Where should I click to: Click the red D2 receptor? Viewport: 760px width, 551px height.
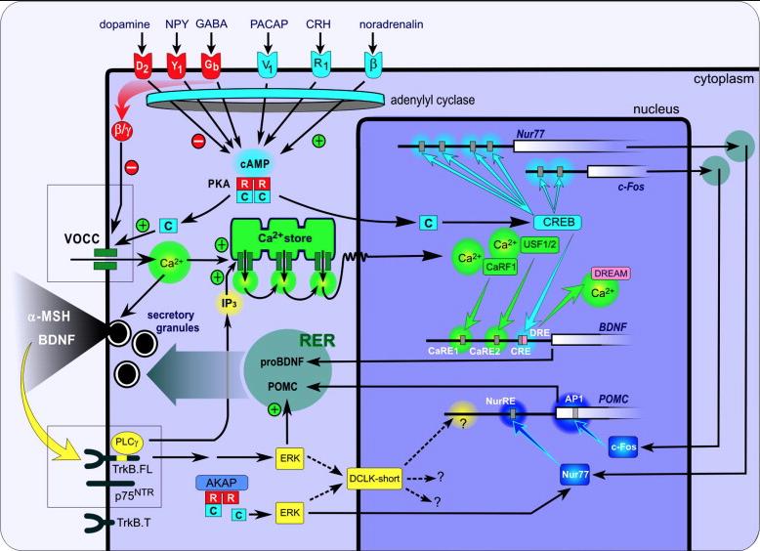point(144,67)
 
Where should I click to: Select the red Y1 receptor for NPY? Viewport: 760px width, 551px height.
point(178,67)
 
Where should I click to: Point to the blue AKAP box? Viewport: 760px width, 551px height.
point(224,482)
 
